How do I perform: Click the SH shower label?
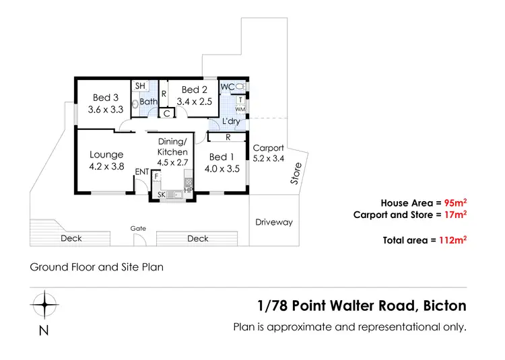tap(140, 86)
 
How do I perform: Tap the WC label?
tap(228, 87)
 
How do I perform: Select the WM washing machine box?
tap(240, 109)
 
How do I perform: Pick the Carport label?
tap(268, 148)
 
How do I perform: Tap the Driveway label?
tap(274, 222)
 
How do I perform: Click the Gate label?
tap(138, 229)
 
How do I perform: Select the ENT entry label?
tap(141, 172)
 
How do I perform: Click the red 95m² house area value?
tap(454, 202)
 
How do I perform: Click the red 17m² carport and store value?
tap(457, 215)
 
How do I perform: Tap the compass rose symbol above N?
tap(44, 305)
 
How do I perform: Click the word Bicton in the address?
tap(444, 305)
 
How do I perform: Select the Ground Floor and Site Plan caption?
tap(96, 266)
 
